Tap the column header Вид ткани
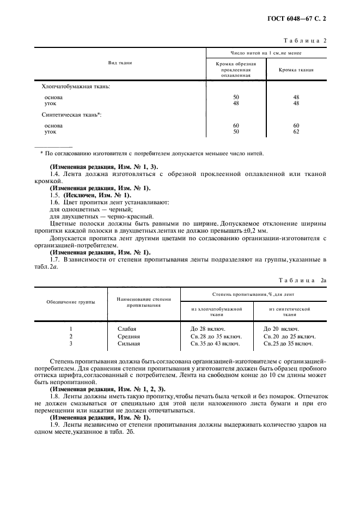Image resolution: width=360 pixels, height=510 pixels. (x=120, y=63)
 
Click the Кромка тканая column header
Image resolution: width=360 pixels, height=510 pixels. (x=296, y=70)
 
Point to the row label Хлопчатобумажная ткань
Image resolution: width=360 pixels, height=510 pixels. (x=76, y=86)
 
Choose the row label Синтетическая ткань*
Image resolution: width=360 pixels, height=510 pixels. (x=72, y=115)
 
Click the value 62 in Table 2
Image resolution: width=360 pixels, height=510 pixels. (x=296, y=131)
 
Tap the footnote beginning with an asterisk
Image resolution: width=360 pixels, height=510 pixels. (x=152, y=153)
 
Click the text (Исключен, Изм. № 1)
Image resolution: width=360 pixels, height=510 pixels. (x=97, y=195)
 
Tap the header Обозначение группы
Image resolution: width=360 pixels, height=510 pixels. (x=71, y=302)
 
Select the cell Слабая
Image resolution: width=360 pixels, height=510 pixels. (x=127, y=329)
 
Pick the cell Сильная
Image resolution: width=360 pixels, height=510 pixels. (x=129, y=344)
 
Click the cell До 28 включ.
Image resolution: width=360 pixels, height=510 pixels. (x=208, y=329)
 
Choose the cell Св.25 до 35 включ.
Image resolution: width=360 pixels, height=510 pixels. (x=288, y=344)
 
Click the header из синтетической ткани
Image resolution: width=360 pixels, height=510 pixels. (x=289, y=312)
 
